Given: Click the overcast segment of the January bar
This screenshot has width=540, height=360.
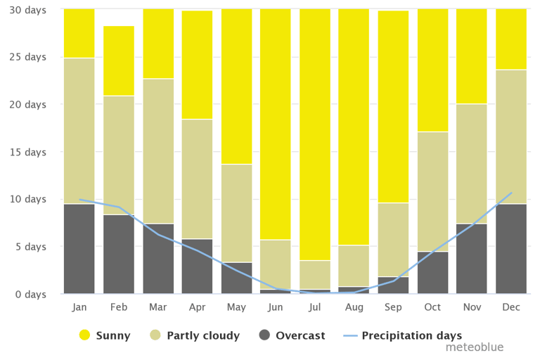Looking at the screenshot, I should tap(79, 248).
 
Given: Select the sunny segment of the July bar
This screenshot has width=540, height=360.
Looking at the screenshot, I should tap(315, 134).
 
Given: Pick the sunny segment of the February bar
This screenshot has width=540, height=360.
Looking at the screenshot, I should tap(118, 60).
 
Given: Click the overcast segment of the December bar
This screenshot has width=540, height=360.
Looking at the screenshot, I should tap(511, 248).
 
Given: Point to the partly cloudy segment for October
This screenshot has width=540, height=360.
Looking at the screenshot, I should tap(432, 191).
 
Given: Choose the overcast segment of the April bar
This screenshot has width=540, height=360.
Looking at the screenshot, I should tap(197, 266).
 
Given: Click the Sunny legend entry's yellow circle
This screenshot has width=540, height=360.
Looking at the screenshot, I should tap(85, 335).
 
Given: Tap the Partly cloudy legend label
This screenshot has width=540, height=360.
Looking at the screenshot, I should tap(203, 335).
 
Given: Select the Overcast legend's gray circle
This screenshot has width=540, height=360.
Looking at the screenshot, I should tap(264, 335).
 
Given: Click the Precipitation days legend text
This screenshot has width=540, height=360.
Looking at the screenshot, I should tap(411, 335).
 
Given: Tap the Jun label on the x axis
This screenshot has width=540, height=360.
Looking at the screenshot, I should tap(276, 307).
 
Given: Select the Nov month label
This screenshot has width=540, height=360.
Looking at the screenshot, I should tap(472, 307).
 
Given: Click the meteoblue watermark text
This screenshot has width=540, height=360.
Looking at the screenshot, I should tap(474, 347).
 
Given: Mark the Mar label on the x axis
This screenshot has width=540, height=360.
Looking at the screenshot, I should tap(157, 307).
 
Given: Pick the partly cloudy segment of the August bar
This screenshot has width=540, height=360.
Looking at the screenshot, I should tap(354, 266).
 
